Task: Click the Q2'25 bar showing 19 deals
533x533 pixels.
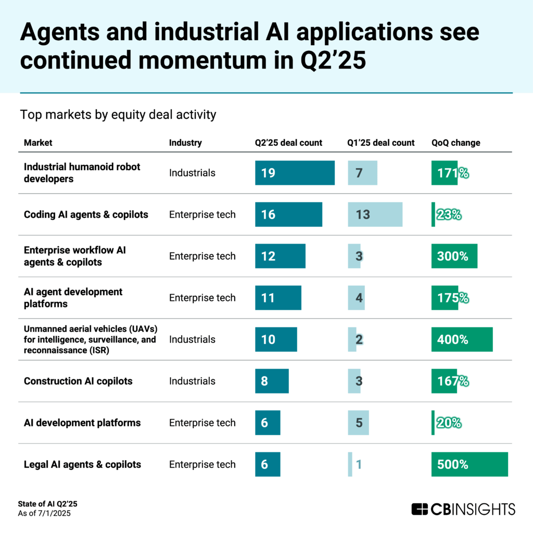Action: (295, 173)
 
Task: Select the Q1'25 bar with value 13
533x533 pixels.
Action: (375, 214)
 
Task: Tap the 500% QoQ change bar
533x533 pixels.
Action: (469, 464)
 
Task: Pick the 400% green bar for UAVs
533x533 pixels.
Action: (462, 339)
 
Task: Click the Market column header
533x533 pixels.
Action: (38, 143)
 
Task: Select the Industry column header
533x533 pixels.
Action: (185, 143)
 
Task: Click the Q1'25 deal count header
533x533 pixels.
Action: (381, 143)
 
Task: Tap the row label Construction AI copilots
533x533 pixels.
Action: (78, 381)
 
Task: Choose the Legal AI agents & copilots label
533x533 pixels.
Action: (82, 464)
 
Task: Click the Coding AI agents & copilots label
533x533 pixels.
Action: (86, 214)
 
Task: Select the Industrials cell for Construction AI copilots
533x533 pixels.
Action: (192, 381)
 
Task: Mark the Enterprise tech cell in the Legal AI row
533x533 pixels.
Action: (202, 464)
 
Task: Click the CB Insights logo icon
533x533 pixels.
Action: (420, 509)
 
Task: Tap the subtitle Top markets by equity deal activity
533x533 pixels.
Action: (118, 115)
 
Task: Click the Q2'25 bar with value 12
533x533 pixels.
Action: (280, 256)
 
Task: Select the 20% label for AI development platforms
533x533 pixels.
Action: (449, 423)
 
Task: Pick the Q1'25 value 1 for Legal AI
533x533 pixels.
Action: (358, 464)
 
